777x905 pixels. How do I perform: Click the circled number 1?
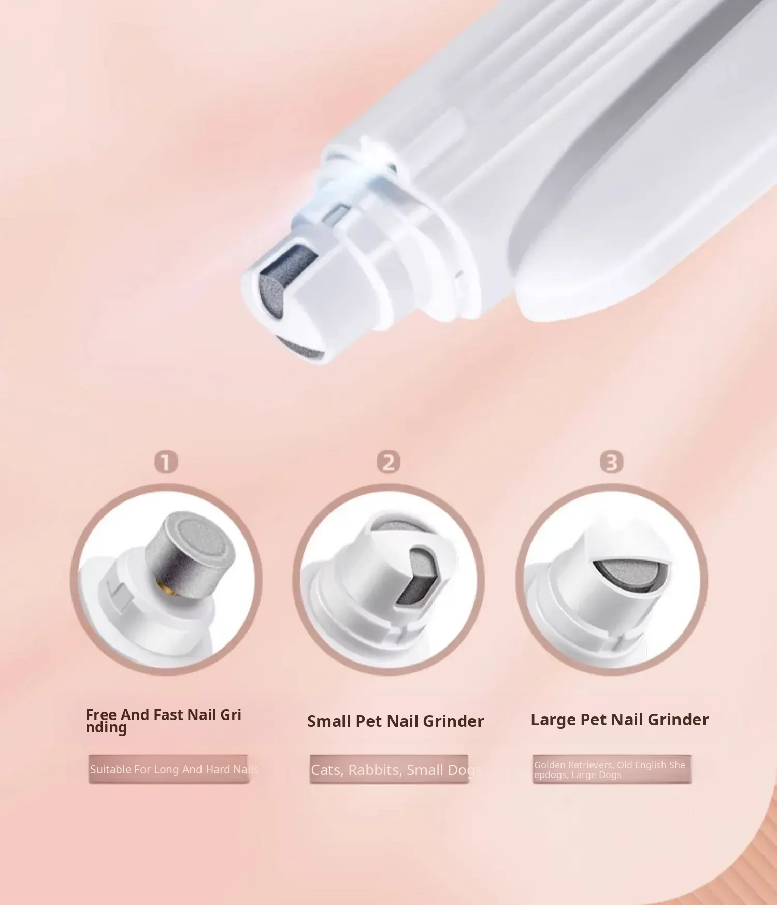(x=166, y=462)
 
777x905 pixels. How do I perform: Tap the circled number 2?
(x=388, y=462)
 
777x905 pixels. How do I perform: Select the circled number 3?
(x=611, y=462)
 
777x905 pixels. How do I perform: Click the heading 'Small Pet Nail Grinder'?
(x=395, y=721)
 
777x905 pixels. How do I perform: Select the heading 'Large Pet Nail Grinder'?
(x=620, y=720)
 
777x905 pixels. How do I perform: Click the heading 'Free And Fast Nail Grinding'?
(x=163, y=721)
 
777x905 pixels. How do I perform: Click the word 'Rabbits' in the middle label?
(x=375, y=770)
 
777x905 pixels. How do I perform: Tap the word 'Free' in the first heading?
(x=101, y=715)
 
